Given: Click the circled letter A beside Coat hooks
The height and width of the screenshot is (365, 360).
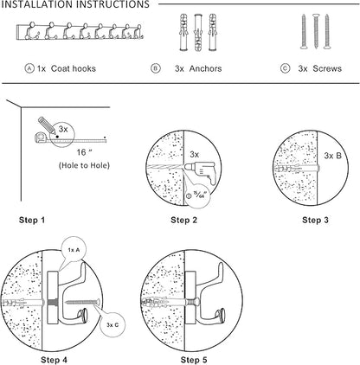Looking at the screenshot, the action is [x=29, y=68].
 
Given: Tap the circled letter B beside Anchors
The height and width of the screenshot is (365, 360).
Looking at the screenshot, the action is [x=156, y=68].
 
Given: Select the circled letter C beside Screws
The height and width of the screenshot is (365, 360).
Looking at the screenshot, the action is [x=285, y=68].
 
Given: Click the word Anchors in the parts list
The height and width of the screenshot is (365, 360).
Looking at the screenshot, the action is [x=205, y=68].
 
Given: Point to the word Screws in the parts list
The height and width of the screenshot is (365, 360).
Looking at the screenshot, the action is [x=327, y=68].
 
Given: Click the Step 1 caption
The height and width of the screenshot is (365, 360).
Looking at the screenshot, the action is [x=32, y=221].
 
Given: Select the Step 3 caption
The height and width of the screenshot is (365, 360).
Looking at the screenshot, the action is [x=315, y=221].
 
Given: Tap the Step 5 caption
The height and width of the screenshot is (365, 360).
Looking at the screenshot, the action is [x=194, y=360].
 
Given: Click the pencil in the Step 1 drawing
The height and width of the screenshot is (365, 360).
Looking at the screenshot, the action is [x=46, y=125].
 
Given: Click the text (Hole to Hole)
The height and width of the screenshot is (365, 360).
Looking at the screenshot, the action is [x=84, y=165].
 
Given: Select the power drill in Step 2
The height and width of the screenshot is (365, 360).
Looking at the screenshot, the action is [x=201, y=172].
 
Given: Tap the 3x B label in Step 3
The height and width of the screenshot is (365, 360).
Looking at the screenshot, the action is [x=332, y=156].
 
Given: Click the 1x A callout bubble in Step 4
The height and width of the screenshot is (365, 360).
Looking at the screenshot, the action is [x=74, y=250].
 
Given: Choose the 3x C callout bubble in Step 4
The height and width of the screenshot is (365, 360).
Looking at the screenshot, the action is [x=112, y=324].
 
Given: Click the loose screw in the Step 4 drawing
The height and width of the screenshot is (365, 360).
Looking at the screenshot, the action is [x=83, y=302].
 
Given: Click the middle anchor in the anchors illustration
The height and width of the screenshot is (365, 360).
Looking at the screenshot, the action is [x=198, y=32].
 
